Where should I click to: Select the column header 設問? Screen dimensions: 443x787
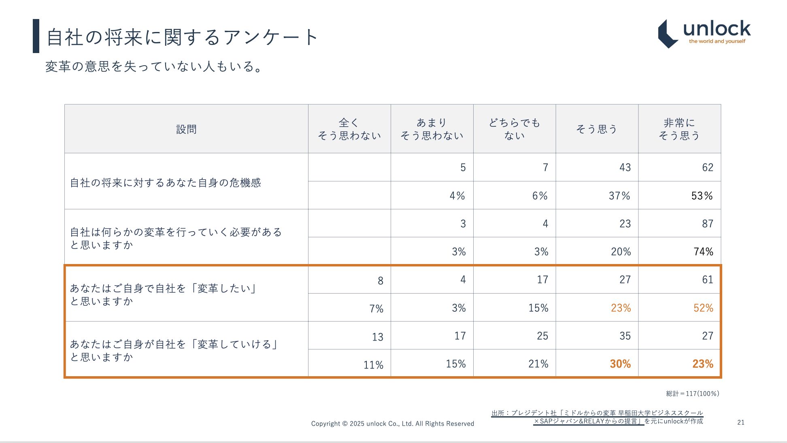tap(186, 129)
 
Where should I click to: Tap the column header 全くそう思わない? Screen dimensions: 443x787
tap(349, 129)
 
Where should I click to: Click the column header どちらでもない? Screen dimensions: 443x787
tap(514, 129)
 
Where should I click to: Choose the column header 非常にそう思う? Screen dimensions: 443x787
tap(679, 129)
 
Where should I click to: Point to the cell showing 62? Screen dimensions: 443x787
tap(707, 168)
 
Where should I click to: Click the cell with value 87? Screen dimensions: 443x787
tap(707, 224)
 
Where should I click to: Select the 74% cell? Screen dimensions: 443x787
tap(703, 252)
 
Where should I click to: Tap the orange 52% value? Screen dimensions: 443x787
tap(703, 308)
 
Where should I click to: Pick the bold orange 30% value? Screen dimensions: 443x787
tap(620, 364)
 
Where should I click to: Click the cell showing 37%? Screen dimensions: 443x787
tap(619, 196)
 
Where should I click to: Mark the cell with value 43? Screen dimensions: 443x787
tap(625, 168)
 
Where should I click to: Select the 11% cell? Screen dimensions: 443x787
tap(373, 365)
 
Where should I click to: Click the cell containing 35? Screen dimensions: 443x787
tap(625, 336)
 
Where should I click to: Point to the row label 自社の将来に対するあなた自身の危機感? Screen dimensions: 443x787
tap(166, 183)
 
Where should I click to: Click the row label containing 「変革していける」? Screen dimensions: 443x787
tap(174, 350)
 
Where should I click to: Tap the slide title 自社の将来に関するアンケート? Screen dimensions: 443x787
tap(182, 37)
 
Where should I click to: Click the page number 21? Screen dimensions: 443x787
tap(740, 422)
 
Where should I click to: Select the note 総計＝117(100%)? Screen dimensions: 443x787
tap(692, 394)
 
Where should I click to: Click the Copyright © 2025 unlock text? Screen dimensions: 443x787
tap(392, 424)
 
